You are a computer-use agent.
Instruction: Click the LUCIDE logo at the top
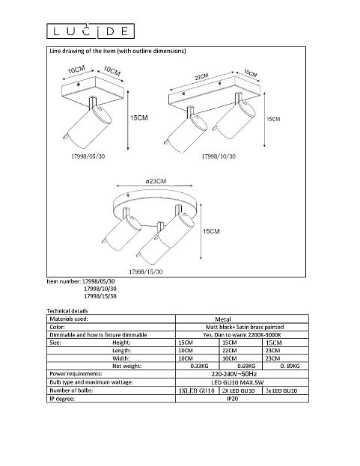(x=91, y=31)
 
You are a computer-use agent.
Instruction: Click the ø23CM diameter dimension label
(x=156, y=181)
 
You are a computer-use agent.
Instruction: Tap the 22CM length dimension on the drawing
(x=201, y=77)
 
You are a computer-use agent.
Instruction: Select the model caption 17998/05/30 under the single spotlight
(x=88, y=156)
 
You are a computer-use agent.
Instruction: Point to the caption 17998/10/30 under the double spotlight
(x=219, y=156)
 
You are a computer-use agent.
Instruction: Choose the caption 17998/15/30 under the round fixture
(x=146, y=272)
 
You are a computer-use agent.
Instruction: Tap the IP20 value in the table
(x=233, y=399)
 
